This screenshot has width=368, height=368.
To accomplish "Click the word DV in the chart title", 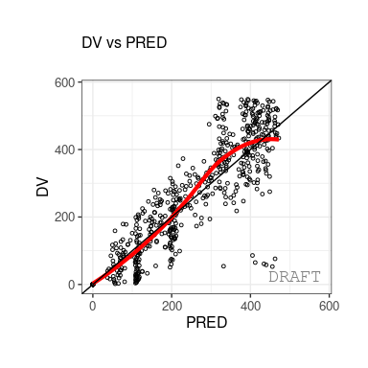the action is (x=92, y=42).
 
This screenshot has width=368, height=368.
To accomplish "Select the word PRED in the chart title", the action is (x=146, y=42).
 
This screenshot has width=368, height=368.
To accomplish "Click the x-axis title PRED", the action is (x=206, y=322).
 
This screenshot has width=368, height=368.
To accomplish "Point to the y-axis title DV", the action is (x=42, y=187).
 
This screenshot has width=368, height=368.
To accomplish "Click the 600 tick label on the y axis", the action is (x=64, y=82).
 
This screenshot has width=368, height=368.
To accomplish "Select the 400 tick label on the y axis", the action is (x=64, y=149).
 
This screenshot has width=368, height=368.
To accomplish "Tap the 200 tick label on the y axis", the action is (x=64, y=218).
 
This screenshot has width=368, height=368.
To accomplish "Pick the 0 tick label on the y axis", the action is (x=71, y=285).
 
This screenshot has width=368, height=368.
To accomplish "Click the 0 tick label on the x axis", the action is (x=93, y=306).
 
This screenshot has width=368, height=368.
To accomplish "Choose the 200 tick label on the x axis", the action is (x=172, y=306).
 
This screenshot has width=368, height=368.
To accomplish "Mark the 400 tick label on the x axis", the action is (x=250, y=306).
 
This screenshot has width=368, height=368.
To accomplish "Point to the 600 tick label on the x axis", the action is (x=329, y=306).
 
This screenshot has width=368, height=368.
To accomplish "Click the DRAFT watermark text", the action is (x=294, y=277).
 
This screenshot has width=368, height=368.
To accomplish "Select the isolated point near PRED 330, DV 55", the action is (x=223, y=266).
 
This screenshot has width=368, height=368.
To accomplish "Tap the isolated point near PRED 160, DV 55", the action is (x=155, y=265).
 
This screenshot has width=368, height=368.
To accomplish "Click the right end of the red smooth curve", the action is (x=278, y=139).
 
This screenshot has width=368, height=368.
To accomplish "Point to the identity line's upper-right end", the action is (x=331, y=80).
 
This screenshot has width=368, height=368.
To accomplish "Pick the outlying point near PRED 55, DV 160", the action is (x=115, y=231).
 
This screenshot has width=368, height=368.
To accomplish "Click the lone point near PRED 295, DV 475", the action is (x=209, y=125).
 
